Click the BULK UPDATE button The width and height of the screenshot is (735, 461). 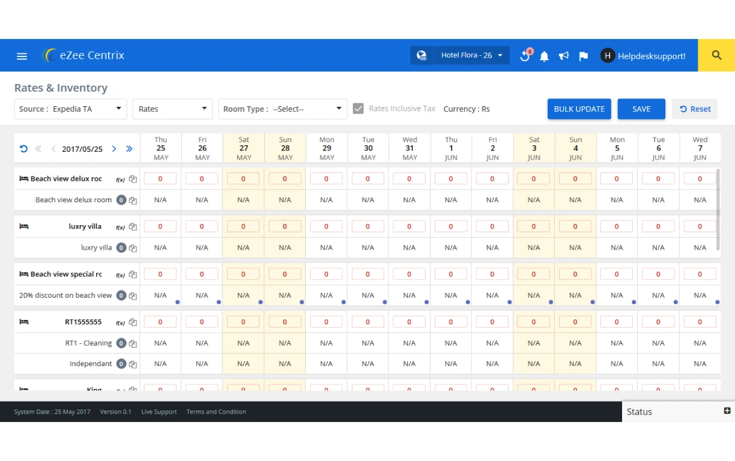tap(579, 109)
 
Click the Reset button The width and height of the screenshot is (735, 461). tap(695, 109)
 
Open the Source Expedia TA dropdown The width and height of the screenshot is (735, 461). tap(71, 109)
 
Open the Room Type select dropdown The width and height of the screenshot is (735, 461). tap(282, 109)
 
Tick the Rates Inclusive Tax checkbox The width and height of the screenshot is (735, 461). tap(358, 109)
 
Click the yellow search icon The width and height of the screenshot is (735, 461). tap(716, 55)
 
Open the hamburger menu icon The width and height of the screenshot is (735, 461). tap(22, 56)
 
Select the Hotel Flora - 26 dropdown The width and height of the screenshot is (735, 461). tap(471, 55)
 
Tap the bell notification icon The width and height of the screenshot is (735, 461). tap(544, 56)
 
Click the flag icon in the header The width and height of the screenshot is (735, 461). tap(583, 56)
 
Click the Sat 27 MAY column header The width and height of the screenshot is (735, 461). tap(244, 148)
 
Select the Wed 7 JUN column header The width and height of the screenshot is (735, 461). tap(700, 148)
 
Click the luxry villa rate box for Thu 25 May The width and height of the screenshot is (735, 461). tap(160, 227)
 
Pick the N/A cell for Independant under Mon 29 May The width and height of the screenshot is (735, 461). tap(327, 364)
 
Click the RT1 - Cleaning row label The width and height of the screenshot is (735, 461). tap(88, 343)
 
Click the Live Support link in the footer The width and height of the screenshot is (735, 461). tap(159, 412)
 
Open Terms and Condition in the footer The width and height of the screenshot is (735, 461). tap(216, 412)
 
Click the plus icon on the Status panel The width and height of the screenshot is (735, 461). tap(727, 411)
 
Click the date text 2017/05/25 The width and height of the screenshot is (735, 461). tap(82, 149)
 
